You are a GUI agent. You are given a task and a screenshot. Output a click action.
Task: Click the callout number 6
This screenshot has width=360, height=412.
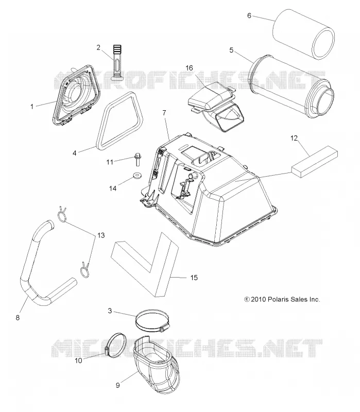pos(249,15)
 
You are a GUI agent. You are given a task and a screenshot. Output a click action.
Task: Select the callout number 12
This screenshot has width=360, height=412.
pos(294,138)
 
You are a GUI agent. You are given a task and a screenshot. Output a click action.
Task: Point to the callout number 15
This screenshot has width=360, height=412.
pos(194,278)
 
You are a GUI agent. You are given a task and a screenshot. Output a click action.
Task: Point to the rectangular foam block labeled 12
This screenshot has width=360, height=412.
pos(315,162)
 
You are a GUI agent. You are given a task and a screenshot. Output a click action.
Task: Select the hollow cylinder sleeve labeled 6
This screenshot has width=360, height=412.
pos(303,34)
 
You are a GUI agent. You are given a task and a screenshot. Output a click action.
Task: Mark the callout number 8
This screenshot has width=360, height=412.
pos(18,318)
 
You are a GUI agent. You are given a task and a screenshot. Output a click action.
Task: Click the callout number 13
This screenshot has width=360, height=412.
pos(101,235)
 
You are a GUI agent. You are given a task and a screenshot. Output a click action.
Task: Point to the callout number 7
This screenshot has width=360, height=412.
pos(164,113)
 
